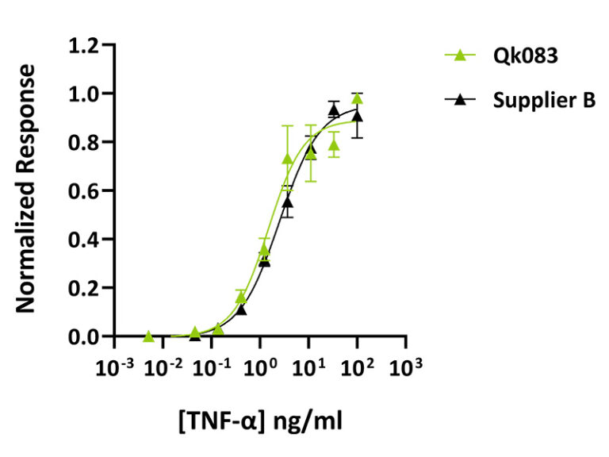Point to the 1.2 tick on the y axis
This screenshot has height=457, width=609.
(84, 45)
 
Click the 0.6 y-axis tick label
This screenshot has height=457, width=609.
(84, 191)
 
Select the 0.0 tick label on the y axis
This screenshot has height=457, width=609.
(84, 337)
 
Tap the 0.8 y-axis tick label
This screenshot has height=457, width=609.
(84, 143)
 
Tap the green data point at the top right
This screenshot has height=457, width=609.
(358, 98)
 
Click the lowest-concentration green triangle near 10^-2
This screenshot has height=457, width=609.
(148, 336)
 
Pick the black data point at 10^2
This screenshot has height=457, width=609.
(358, 117)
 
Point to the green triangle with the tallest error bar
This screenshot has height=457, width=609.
(288, 159)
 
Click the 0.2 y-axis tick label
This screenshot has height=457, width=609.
(84, 289)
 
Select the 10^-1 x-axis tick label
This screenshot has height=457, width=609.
(211, 368)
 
